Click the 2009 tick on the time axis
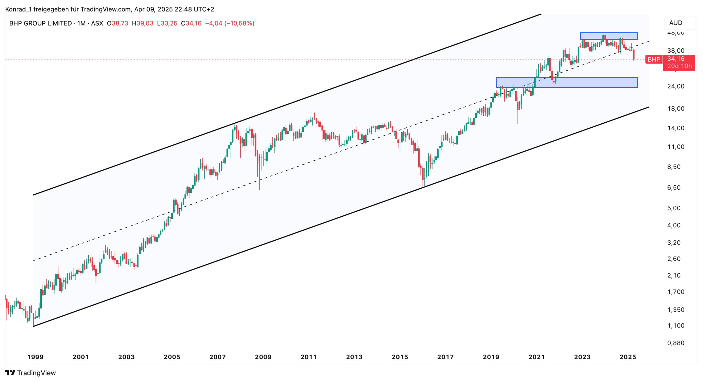[263, 357]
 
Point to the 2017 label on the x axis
[445, 357]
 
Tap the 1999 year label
[35, 357]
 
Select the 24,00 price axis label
[676, 86]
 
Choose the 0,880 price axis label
[676, 343]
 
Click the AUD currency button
[676, 23]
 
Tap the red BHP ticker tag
[654, 59]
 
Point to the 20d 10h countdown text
[679, 66]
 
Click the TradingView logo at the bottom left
[30, 373]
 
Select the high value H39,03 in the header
[143, 23]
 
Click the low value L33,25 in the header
[167, 23]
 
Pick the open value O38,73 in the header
[118, 23]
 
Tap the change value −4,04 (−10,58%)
[230, 23]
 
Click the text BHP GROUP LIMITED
[41, 23]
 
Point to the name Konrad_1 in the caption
[18, 9]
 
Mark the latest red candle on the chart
[634, 54]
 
